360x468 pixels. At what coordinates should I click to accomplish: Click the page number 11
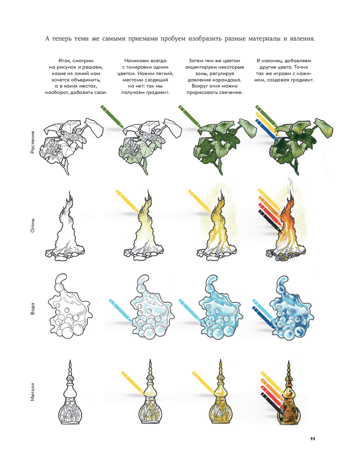click(x=312, y=439)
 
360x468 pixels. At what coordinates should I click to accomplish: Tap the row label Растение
click(x=32, y=142)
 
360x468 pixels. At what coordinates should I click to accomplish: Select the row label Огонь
click(x=32, y=225)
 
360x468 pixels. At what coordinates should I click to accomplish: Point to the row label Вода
click(x=32, y=309)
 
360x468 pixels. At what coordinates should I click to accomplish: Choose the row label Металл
click(x=32, y=392)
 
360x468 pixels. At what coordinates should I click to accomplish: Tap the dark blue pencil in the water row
click(x=264, y=318)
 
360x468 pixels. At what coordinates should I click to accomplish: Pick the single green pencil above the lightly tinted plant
click(x=112, y=117)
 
